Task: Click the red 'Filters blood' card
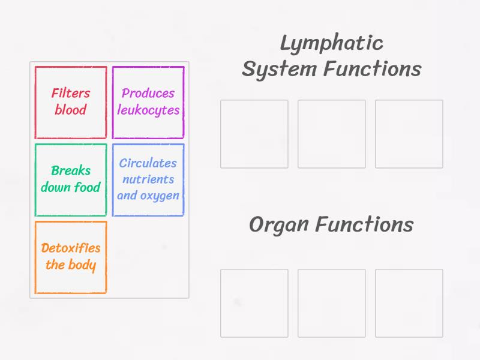71,103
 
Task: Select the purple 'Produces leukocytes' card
148,103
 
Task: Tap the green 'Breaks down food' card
71,179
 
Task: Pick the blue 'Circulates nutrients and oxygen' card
148,179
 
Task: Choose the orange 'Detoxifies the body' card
71,257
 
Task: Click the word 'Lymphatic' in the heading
331,43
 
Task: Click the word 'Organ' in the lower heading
279,225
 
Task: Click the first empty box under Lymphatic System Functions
254,134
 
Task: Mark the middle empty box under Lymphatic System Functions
332,134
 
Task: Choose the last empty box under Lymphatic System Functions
409,134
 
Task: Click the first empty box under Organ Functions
254,303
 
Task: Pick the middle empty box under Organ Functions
332,303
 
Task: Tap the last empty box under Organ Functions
409,303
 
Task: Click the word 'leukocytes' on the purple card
148,110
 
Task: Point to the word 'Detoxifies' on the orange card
71,248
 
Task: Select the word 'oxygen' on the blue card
159,196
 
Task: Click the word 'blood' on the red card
71,110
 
